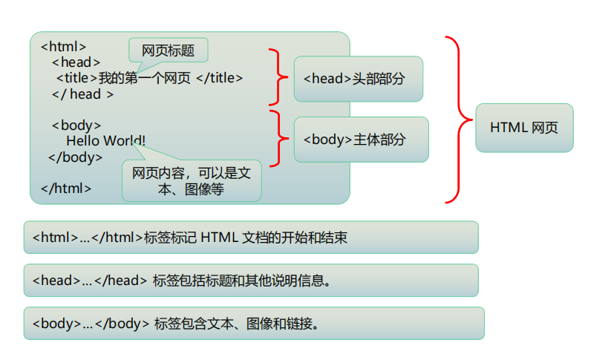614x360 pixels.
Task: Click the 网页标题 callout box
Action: pyautogui.click(x=168, y=50)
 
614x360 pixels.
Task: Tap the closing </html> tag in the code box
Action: pyautogui.click(x=66, y=188)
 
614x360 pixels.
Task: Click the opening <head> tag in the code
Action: pyautogui.click(x=76, y=62)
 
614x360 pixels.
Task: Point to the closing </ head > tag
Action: pyautogui.click(x=82, y=94)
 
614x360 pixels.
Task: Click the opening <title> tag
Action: pyautogui.click(x=77, y=78)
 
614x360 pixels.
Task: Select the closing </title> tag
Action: pyautogui.click(x=220, y=78)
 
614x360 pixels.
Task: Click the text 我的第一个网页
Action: pyautogui.click(x=145, y=78)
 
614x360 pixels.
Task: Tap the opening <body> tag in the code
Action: pyautogui.click(x=76, y=125)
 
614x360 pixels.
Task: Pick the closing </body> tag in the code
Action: pyautogui.click(x=76, y=157)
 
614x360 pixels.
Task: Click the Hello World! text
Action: pyautogui.click(x=106, y=140)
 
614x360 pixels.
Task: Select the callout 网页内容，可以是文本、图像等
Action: pyautogui.click(x=192, y=180)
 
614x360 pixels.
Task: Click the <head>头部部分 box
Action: pyautogui.click(x=358, y=79)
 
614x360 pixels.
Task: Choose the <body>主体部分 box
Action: pyautogui.click(x=361, y=140)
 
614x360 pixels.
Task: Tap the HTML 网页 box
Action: pyautogui.click(x=524, y=128)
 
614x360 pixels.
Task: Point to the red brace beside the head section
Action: pyautogui.click(x=278, y=77)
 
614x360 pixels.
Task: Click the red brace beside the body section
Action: pyautogui.click(x=278, y=138)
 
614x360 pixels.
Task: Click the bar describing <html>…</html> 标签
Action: pyautogui.click(x=250, y=238)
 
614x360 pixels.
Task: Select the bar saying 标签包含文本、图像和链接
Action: pyautogui.click(x=253, y=324)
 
